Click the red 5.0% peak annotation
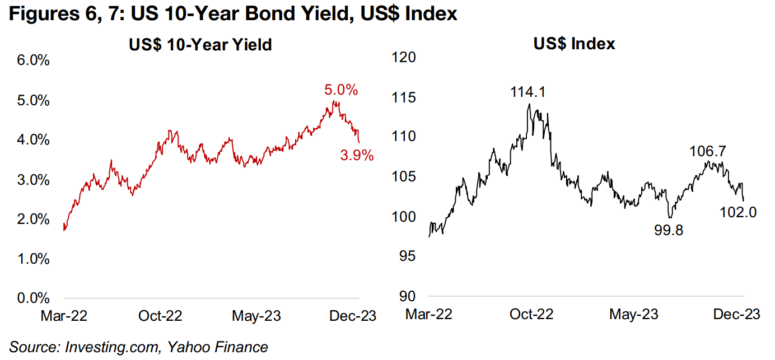340,90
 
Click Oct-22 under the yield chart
161,316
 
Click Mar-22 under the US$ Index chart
428,314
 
